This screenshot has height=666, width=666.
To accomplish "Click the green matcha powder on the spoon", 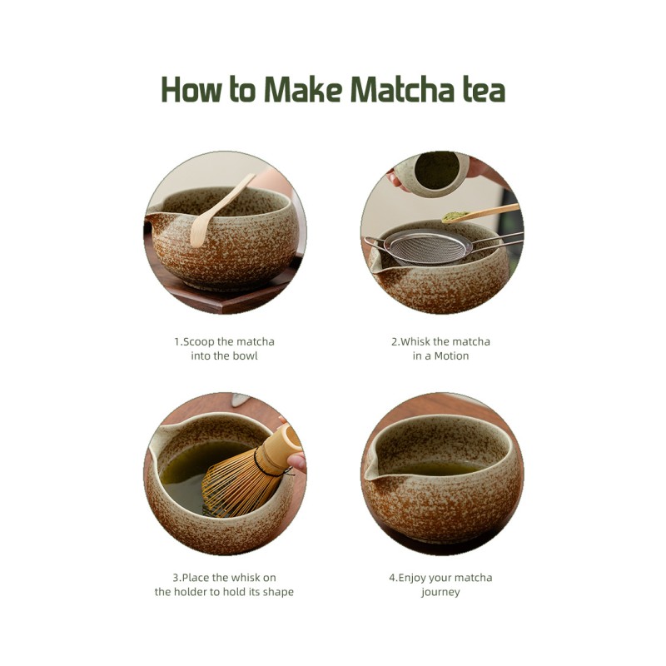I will tap(455, 216).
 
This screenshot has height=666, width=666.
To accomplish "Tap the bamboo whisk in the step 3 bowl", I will tap(241, 479).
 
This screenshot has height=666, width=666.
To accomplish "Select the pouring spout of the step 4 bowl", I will tap(371, 471).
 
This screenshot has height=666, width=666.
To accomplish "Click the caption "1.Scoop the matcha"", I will tap(224, 341).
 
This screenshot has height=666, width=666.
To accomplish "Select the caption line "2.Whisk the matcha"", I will tap(440, 341).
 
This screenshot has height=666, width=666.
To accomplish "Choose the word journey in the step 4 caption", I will tap(440, 592).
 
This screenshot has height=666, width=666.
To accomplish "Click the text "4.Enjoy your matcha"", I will tap(440, 577).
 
